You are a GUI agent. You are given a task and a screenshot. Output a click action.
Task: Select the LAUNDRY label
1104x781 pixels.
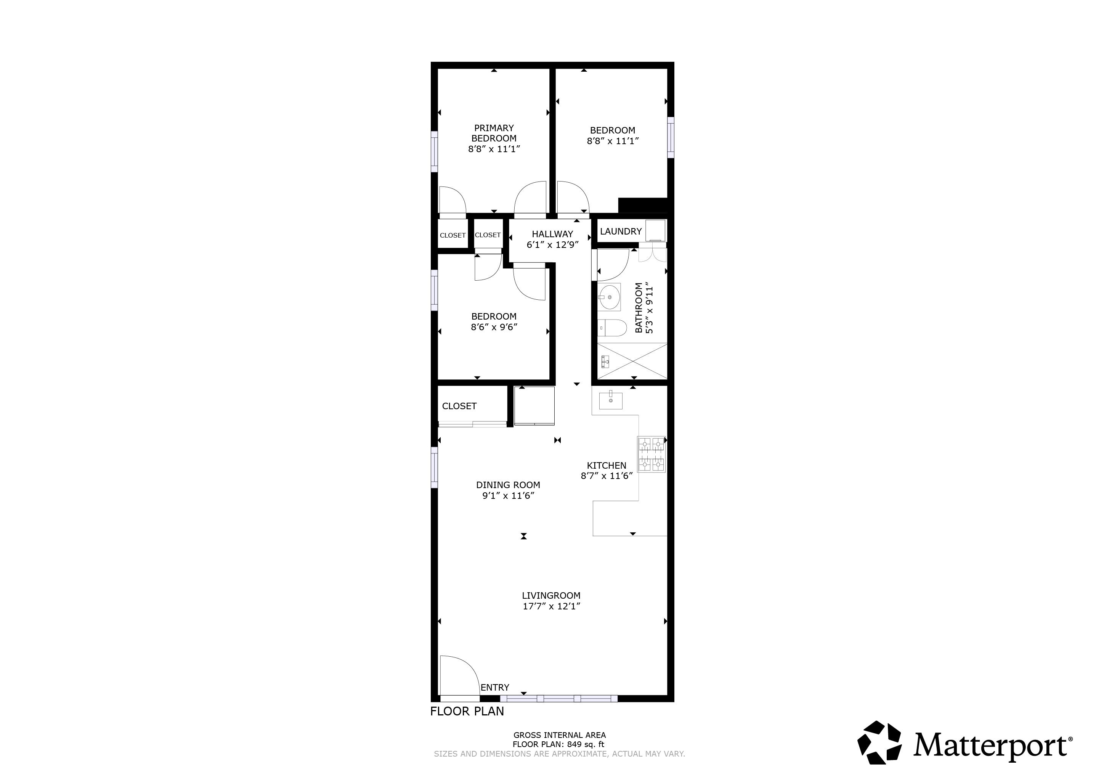click(x=620, y=231)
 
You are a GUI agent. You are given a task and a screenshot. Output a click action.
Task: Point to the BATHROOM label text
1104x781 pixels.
click(x=639, y=308)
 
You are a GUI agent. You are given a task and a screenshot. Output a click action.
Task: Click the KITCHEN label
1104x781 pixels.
click(x=607, y=466)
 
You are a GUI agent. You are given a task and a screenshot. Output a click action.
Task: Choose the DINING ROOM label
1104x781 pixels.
click(x=508, y=485)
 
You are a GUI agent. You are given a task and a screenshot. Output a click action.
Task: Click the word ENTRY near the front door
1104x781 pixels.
click(x=495, y=688)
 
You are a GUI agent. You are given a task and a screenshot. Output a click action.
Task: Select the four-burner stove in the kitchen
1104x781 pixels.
click(x=651, y=454)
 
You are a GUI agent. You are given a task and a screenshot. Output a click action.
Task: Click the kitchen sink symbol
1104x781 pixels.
click(x=611, y=400)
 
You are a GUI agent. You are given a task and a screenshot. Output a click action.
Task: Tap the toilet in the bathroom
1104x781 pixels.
click(x=612, y=328)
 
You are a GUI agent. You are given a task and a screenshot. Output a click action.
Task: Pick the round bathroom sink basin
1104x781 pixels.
click(x=610, y=297)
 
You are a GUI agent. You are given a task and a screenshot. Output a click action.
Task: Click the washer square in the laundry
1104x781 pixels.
click(x=655, y=230)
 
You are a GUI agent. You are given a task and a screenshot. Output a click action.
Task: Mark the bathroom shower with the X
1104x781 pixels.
click(x=632, y=361)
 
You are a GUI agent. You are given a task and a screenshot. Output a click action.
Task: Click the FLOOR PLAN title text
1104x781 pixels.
click(x=467, y=711)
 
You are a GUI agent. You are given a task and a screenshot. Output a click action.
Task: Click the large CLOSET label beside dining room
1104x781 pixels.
click(x=459, y=407)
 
